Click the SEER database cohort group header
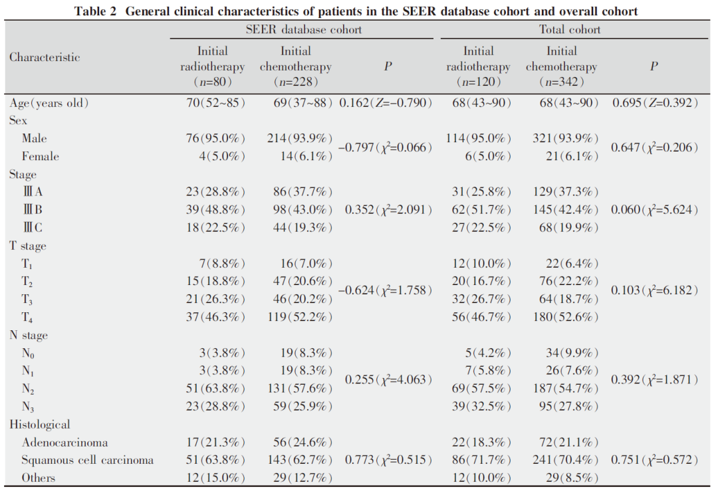click(x=304, y=30)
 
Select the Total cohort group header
click(x=570, y=30)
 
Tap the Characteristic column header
click(x=45, y=57)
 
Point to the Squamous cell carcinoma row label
click(x=88, y=460)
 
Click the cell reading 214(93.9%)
click(x=300, y=138)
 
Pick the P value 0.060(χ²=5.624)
click(x=655, y=209)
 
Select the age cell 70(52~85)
click(x=215, y=102)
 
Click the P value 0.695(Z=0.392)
click(x=656, y=102)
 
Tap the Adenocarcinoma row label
click(x=64, y=442)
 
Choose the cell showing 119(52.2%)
click(x=300, y=317)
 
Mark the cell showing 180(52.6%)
click(x=566, y=317)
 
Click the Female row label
click(x=41, y=157)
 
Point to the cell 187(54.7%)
click(x=566, y=389)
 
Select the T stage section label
click(x=28, y=246)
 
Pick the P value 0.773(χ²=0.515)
click(x=388, y=460)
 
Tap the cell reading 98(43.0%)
click(x=302, y=209)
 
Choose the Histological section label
click(x=40, y=425)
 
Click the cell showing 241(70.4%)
click(x=566, y=460)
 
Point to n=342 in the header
click(x=561, y=82)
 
